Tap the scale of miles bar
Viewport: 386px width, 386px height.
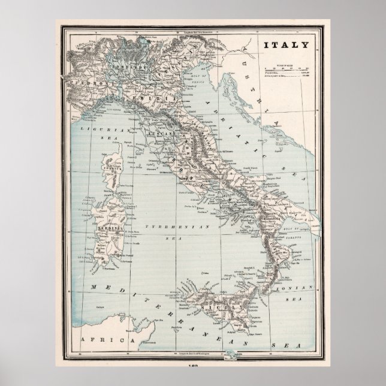[x=285, y=69]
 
